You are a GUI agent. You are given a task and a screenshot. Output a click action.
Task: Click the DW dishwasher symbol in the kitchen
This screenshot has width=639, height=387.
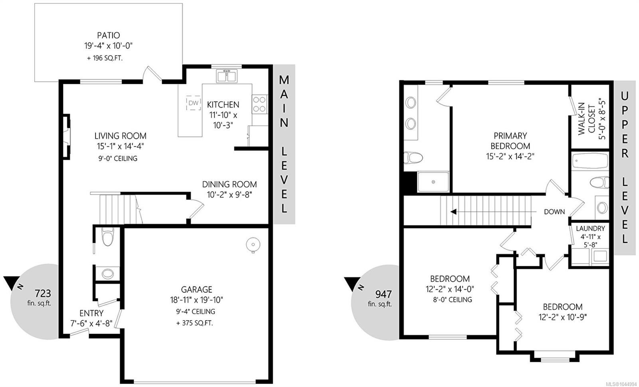tap(193, 103)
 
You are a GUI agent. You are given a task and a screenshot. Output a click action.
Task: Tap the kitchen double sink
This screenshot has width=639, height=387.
tap(226, 76)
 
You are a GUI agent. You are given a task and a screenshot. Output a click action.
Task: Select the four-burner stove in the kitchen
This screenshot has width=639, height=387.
tap(260, 104)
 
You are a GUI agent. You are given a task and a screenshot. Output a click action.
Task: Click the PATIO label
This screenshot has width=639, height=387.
tap(108, 36)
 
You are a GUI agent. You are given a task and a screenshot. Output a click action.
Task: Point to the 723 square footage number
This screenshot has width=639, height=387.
tap(43, 293)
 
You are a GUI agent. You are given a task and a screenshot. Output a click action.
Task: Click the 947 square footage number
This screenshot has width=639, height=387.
tap(383, 294)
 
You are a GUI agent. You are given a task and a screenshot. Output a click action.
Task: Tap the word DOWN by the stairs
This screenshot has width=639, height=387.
tap(554, 212)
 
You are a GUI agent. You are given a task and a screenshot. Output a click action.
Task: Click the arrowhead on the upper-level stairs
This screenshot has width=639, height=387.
tap(453, 212)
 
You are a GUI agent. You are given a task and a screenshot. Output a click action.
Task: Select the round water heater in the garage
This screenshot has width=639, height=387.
tap(253, 245)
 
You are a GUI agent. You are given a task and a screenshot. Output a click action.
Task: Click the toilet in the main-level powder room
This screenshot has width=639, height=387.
tap(108, 237)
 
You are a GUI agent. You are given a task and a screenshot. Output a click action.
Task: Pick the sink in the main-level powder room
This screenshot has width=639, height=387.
tap(107, 274)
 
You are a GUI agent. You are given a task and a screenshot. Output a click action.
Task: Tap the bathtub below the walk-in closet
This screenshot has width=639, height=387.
tap(590, 161)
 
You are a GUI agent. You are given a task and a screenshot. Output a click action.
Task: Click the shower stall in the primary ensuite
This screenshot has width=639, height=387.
tap(433, 182)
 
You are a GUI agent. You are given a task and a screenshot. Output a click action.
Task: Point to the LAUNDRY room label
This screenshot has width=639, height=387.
tap(590, 228)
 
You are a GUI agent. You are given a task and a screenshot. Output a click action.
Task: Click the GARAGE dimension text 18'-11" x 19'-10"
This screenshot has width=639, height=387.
tap(196, 300)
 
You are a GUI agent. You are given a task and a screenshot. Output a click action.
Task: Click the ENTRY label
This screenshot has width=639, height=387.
tap(91, 313)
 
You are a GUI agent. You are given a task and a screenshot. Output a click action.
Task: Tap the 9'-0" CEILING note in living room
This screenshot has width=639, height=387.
tap(118, 158)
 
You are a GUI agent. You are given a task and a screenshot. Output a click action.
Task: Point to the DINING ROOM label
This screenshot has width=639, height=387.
tap(229, 184)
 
